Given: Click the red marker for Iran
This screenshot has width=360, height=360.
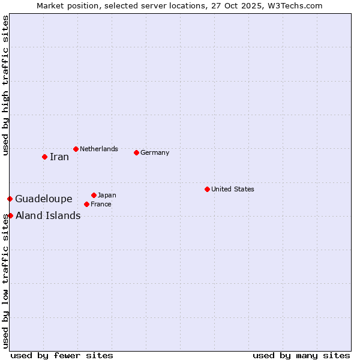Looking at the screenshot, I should [x=44, y=157].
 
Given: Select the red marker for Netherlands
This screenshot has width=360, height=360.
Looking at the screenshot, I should [x=76, y=149].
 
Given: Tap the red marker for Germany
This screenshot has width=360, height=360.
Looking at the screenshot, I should [x=136, y=152].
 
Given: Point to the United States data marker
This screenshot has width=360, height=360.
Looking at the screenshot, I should [x=207, y=189].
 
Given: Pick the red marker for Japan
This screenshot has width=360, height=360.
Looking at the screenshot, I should [x=94, y=195].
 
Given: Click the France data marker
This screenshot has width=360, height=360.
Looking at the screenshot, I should [x=86, y=204].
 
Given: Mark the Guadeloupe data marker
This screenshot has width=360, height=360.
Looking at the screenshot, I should [x=10, y=199].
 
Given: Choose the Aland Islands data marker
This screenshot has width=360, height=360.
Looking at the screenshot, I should [x=10, y=215].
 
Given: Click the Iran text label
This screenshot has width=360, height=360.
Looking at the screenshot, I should [x=59, y=157].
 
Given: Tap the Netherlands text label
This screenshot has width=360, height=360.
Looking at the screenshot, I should [x=99, y=149].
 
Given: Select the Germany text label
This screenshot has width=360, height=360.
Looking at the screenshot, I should [x=155, y=152].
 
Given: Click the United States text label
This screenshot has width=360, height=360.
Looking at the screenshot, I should [x=233, y=189].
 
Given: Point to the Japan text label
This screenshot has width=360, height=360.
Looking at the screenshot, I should [x=107, y=195].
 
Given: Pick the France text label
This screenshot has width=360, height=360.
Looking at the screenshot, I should [x=101, y=204].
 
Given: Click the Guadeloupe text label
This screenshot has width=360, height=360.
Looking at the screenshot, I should [x=44, y=199].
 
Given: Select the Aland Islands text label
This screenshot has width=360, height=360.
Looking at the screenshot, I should [x=48, y=216].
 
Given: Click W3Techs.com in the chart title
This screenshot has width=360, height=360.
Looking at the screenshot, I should [x=295, y=6].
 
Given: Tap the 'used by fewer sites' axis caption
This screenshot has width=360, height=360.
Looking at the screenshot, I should [x=62, y=355].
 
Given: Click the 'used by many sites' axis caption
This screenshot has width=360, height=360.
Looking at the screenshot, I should [x=301, y=355].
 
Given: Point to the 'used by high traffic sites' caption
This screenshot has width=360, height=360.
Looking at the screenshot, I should [x=5, y=85].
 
